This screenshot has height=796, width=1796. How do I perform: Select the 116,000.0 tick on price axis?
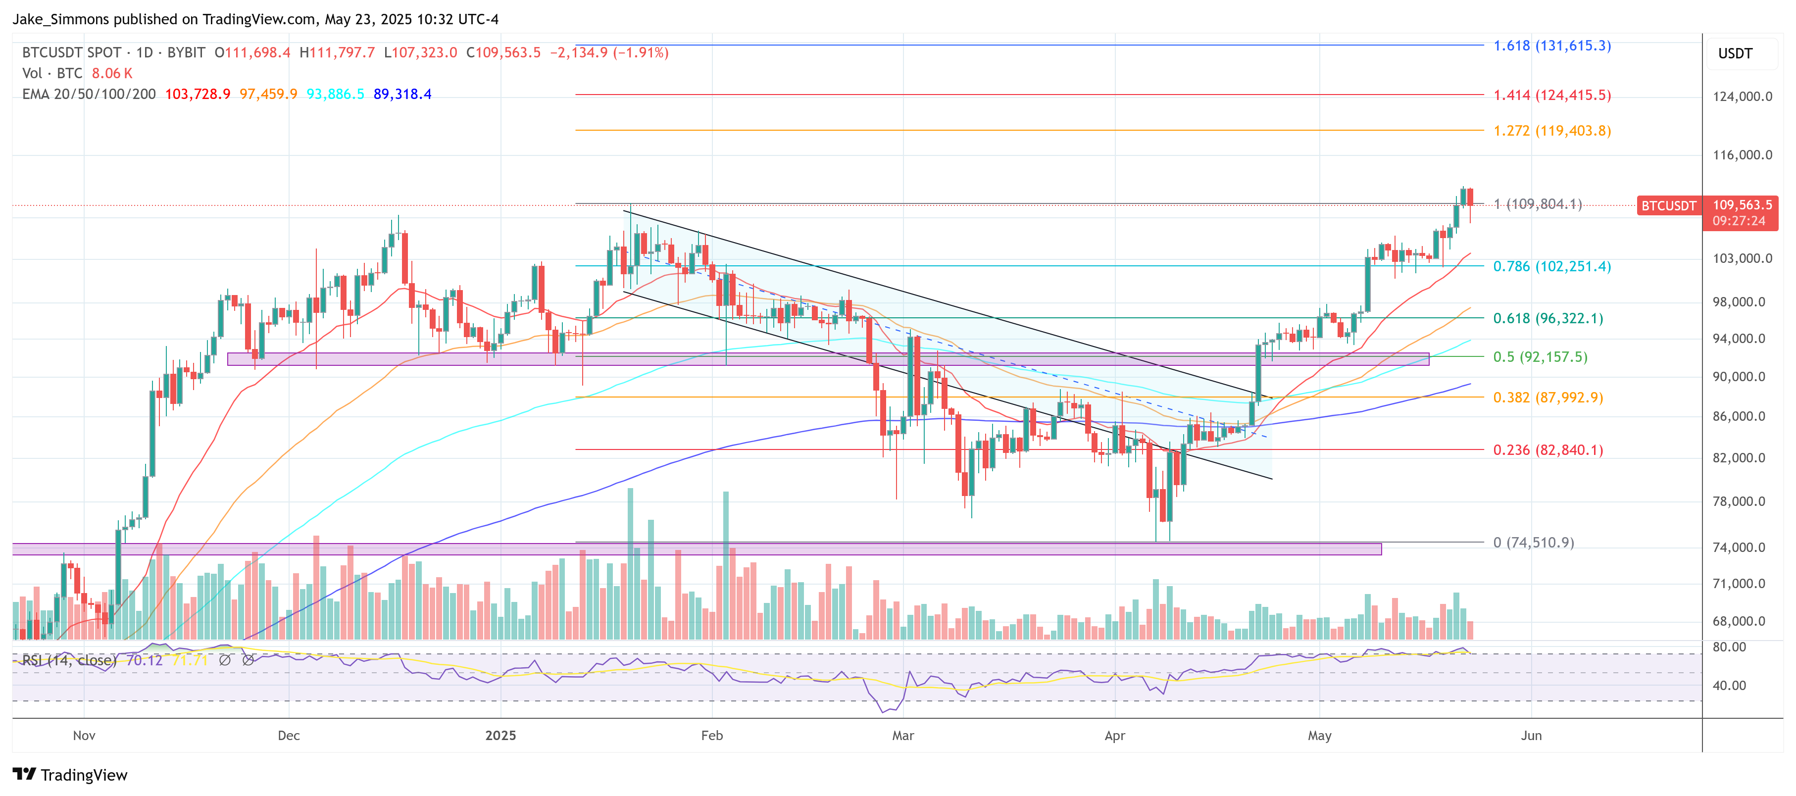[1742, 155]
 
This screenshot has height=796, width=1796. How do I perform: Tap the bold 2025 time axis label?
[500, 735]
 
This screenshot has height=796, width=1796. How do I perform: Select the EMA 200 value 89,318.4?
[402, 94]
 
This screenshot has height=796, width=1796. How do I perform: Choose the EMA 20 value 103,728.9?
[198, 94]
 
